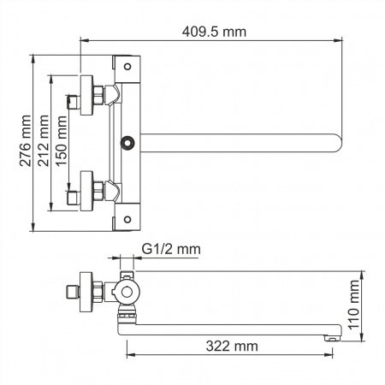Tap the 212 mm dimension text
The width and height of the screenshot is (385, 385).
(x=44, y=141)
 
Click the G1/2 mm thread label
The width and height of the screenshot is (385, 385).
(x=171, y=249)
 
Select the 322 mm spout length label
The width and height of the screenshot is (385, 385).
(x=234, y=346)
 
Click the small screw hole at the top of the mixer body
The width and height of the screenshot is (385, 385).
(x=127, y=65)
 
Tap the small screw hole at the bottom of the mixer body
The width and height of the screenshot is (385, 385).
(x=127, y=218)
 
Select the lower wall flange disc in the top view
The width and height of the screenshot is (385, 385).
(x=83, y=190)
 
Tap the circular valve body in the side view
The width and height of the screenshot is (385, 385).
(x=128, y=293)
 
